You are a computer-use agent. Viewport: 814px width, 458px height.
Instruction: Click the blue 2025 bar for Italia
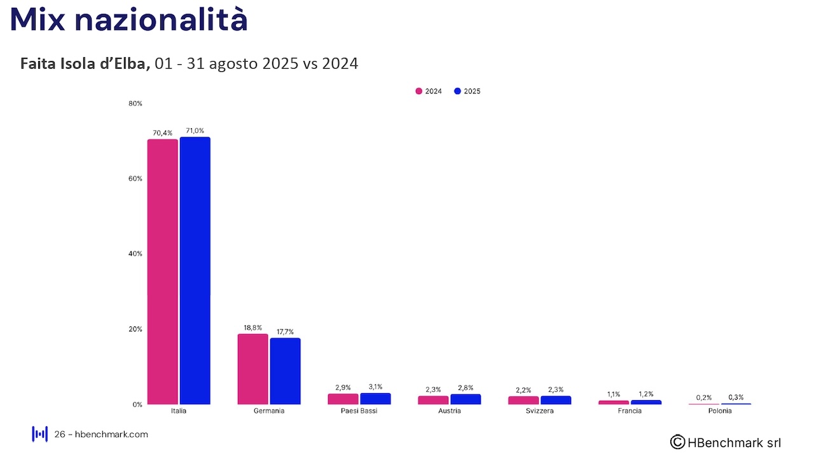pyautogui.click(x=195, y=270)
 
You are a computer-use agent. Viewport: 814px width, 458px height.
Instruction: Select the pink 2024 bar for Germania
pyautogui.click(x=252, y=369)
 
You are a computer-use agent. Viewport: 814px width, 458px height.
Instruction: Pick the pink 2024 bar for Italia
pyautogui.click(x=162, y=272)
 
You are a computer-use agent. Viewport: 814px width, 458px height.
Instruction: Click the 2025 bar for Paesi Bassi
pyautogui.click(x=375, y=399)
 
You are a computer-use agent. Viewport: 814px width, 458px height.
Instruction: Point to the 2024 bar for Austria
pyautogui.click(x=433, y=400)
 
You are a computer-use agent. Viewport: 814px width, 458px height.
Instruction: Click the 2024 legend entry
pyautogui.click(x=429, y=92)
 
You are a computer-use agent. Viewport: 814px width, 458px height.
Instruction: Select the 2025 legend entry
pyautogui.click(x=467, y=92)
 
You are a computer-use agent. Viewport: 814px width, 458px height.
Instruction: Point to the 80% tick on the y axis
pyautogui.click(x=135, y=103)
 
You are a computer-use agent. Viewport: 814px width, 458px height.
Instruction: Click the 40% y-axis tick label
pyautogui.click(x=135, y=254)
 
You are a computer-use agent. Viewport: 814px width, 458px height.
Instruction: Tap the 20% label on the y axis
pyautogui.click(x=135, y=329)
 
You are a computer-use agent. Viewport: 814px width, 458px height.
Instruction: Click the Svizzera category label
pyautogui.click(x=540, y=411)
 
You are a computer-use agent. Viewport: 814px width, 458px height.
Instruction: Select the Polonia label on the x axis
pyautogui.click(x=720, y=411)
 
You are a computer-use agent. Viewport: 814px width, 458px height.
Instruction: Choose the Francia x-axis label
pyautogui.click(x=630, y=411)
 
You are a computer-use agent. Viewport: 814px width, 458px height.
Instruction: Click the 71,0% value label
pyautogui.click(x=195, y=130)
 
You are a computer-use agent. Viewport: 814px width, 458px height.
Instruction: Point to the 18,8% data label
pyautogui.click(x=252, y=328)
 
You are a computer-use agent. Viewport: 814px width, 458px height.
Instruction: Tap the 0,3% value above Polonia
pyautogui.click(x=736, y=397)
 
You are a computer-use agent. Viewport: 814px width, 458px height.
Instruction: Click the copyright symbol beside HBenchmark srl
pyautogui.click(x=677, y=441)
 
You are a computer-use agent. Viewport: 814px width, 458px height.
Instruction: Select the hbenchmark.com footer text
pyautogui.click(x=111, y=434)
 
